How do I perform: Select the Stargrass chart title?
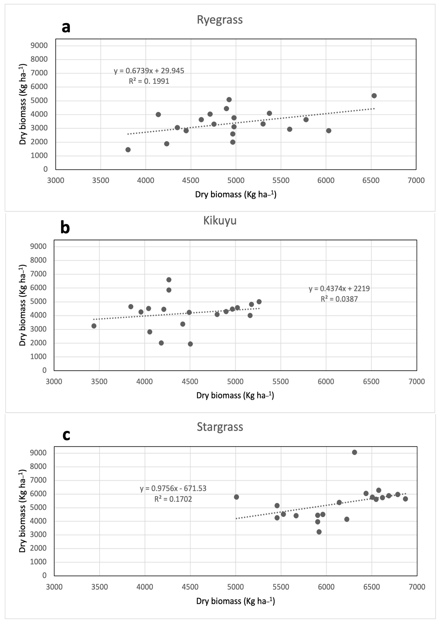click(x=220, y=427)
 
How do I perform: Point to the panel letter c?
click(x=66, y=435)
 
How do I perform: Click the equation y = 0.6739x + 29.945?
click(x=149, y=71)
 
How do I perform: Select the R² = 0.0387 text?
click(x=339, y=299)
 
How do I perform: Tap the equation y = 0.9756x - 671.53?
click(x=173, y=488)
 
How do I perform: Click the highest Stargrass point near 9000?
click(x=354, y=452)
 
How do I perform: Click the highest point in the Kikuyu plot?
click(x=169, y=280)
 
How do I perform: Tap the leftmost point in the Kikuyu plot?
click(x=94, y=326)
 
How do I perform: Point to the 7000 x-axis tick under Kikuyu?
click(x=416, y=381)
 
